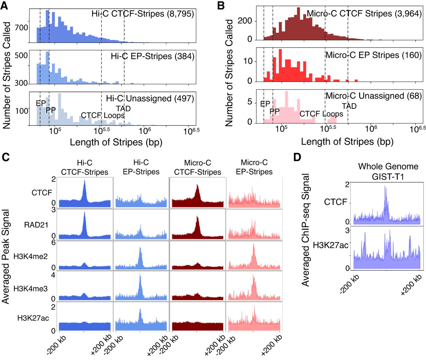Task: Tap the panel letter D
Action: coord(297,157)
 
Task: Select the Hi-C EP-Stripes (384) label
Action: coord(152,56)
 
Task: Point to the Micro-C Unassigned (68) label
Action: coord(374,96)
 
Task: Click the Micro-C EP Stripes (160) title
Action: coord(374,55)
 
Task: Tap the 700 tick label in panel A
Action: coord(21,27)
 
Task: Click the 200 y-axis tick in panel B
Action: coord(245,21)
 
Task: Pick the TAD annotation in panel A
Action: coord(123,108)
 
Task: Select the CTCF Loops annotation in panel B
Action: coord(321,114)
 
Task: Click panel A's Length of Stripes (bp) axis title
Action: coord(116,142)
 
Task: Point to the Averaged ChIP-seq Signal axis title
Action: coord(306,230)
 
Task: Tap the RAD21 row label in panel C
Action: coord(36,225)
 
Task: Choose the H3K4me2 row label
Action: coord(31,256)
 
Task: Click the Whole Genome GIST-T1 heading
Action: coord(388,171)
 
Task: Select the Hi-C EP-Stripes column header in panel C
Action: coord(141,167)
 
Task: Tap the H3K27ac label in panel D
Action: coord(330,245)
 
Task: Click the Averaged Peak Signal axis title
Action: coord(6,257)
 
